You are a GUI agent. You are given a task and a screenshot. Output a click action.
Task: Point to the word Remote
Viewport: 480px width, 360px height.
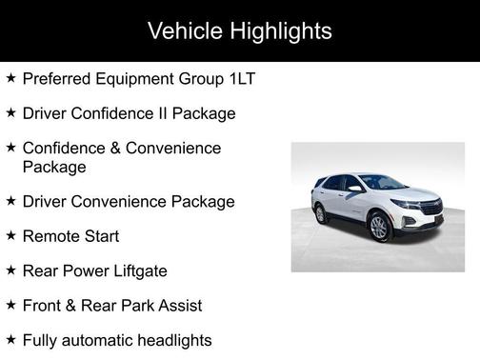tap(50, 236)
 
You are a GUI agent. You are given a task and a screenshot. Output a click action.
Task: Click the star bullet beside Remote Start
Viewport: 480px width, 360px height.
tap(10, 235)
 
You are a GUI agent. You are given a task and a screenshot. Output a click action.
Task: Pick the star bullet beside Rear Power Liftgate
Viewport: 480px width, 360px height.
tap(10, 270)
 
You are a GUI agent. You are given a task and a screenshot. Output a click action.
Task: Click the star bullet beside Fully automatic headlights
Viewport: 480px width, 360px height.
tap(10, 339)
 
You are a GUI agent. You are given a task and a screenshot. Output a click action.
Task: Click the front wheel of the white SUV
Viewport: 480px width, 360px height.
tap(379, 227)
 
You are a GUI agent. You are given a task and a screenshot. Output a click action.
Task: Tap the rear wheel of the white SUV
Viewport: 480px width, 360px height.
tap(321, 212)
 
